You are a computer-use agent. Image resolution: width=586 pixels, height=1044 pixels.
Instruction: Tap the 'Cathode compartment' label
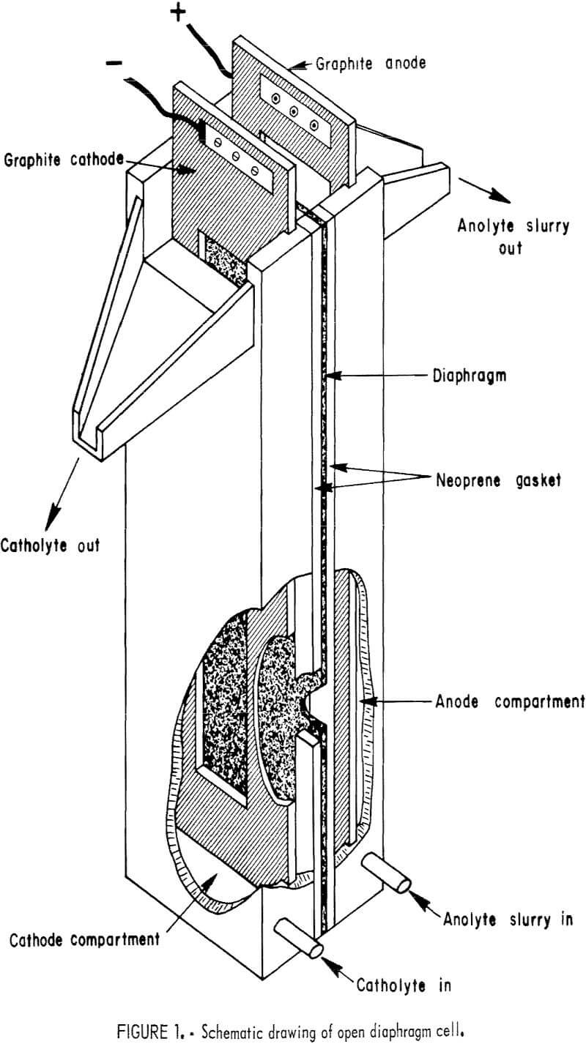(x=85, y=939)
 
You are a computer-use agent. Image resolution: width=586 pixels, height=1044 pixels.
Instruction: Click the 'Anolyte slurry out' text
(x=513, y=236)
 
